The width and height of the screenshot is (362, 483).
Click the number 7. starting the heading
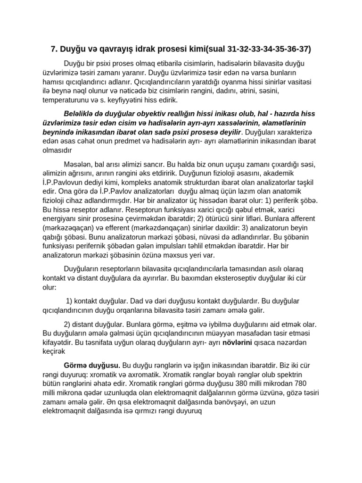click(x=54, y=49)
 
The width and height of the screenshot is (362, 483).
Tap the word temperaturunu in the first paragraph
click(x=66, y=100)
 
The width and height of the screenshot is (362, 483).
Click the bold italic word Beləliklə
click(x=80, y=114)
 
